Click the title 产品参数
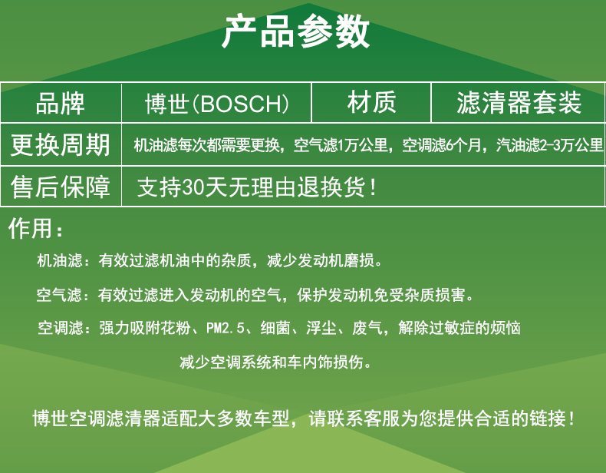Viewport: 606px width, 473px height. point(295,31)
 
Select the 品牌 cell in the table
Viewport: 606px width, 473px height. point(61,103)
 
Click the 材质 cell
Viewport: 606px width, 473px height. point(371,102)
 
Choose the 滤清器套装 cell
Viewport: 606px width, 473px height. point(519,102)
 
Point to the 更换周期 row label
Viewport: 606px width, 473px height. point(61,144)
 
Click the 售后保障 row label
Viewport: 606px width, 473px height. point(61,187)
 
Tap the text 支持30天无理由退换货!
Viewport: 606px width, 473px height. point(256,187)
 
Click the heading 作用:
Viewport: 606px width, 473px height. point(35,228)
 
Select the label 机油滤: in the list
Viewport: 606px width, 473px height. point(64,260)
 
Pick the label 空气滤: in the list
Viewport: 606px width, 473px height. point(63,295)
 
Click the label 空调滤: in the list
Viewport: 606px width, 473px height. point(64,328)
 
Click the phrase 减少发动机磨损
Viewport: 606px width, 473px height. point(321,260)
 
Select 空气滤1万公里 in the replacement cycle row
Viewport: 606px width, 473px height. point(341,145)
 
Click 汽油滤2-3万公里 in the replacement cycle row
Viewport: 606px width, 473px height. point(549,145)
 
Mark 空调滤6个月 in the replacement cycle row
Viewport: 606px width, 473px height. point(442,145)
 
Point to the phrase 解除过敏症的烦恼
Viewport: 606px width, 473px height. point(459,328)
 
